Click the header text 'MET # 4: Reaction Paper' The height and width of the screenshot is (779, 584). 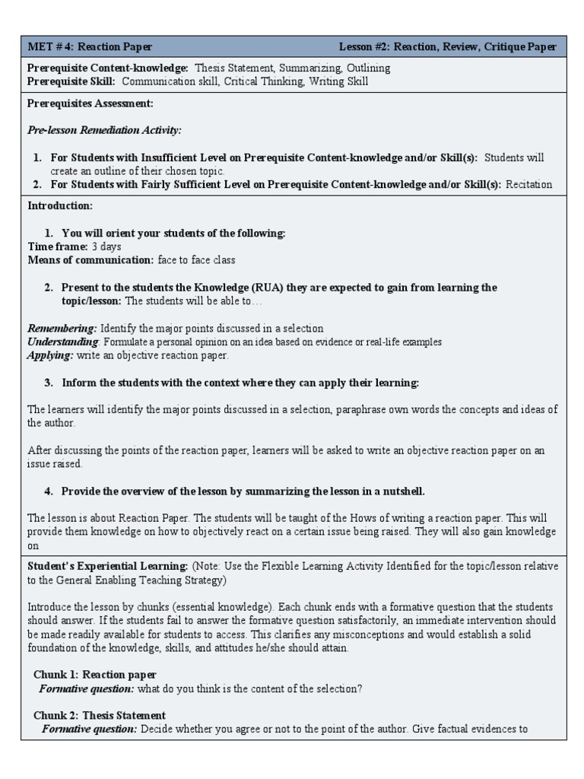coord(90,46)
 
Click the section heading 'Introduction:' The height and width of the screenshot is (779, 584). coord(60,205)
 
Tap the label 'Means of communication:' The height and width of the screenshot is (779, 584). coord(90,259)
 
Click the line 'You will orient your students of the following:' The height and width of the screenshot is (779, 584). coord(173,233)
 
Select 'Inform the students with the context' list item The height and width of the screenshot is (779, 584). coord(240,382)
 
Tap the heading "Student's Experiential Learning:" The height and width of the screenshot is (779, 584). coord(107,566)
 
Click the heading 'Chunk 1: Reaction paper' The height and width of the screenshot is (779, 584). coord(95,674)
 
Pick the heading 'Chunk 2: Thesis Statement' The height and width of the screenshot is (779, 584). coord(100,715)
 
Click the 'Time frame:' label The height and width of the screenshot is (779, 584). coord(58,246)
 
